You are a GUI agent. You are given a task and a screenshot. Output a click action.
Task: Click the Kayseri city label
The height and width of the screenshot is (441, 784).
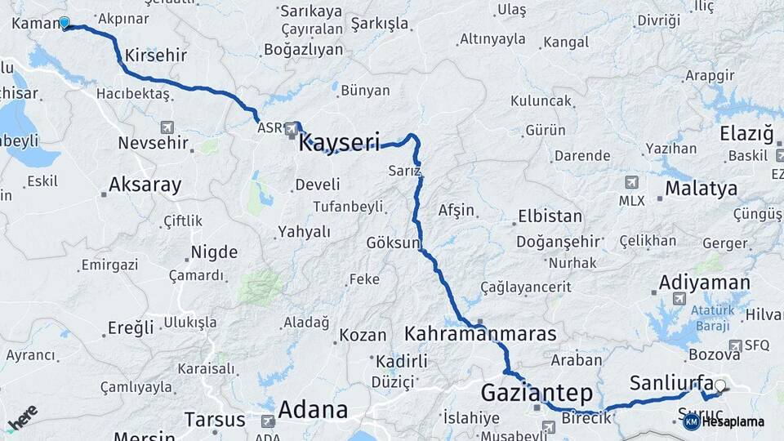click(x=340, y=144)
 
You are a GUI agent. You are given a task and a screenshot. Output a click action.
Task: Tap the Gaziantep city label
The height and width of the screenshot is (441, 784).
click(x=534, y=392)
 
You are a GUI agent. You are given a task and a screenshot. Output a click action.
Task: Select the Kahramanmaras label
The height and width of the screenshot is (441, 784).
click(x=480, y=334)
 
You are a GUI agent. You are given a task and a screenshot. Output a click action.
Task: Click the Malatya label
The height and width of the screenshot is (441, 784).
click(x=701, y=189)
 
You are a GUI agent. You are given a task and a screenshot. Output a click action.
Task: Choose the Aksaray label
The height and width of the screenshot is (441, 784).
click(x=145, y=185)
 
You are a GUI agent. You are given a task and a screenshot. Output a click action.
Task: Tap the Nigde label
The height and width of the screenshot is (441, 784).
click(x=214, y=252)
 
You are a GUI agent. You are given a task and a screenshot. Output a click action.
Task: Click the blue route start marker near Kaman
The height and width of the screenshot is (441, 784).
click(x=65, y=24)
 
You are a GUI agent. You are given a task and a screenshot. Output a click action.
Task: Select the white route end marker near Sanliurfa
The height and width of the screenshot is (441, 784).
click(x=719, y=385)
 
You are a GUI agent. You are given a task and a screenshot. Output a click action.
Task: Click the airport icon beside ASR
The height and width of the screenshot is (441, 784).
click(x=292, y=128)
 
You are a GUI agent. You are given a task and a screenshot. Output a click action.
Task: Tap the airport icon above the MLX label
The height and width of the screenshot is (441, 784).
click(x=631, y=182)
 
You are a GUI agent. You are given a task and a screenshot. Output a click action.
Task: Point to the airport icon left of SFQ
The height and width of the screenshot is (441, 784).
click(x=735, y=345)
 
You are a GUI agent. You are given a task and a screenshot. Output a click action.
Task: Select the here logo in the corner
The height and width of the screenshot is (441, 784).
click(x=23, y=418)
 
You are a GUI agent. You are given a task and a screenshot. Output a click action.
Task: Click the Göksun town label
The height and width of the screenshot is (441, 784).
click(x=393, y=243)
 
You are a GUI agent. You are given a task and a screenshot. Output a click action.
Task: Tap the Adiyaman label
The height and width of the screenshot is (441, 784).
click(x=704, y=283)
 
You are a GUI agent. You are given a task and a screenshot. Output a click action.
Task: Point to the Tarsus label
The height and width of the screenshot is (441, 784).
click(x=214, y=420)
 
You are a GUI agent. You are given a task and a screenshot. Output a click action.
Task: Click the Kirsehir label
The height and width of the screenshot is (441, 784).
click(x=157, y=56)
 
